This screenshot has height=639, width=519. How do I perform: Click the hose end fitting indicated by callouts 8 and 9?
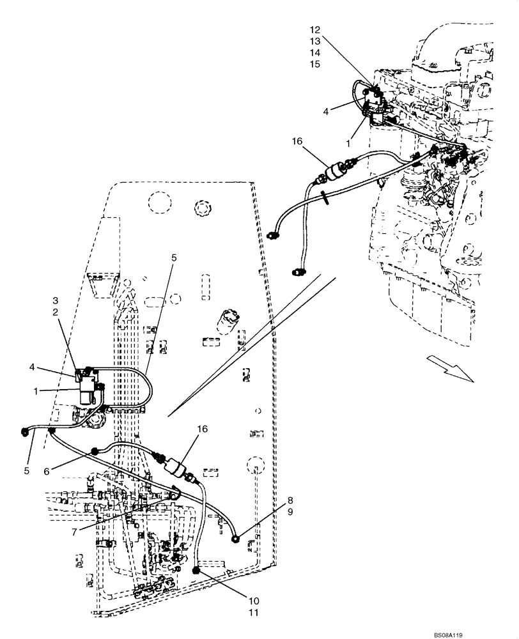[236, 539]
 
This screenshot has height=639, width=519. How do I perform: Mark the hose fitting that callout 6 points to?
[95, 451]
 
